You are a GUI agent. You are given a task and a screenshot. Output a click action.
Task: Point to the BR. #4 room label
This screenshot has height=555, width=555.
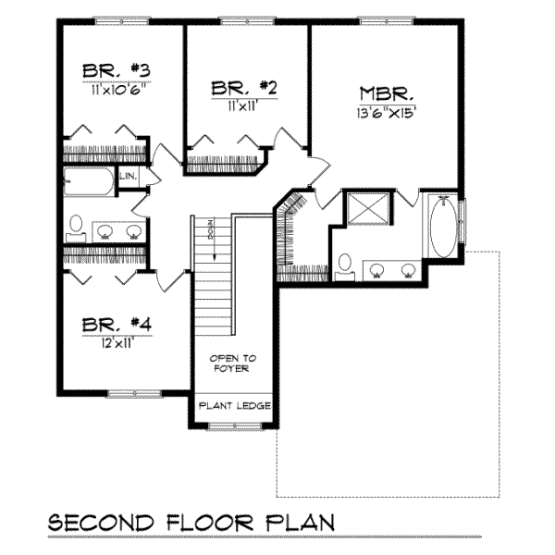pyautogui.click(x=116, y=325)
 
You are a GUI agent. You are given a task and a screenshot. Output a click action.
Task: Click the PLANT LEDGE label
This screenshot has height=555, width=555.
pyautogui.click(x=233, y=404)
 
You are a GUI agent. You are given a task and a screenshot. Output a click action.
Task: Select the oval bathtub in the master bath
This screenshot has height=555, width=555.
pyautogui.click(x=443, y=228)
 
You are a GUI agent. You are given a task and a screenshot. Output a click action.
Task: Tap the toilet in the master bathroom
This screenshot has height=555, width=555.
pyautogui.click(x=344, y=265)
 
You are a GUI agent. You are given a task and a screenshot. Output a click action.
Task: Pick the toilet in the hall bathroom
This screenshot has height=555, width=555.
pyautogui.click(x=77, y=227)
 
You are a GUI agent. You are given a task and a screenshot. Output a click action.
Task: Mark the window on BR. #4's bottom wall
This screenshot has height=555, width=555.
pyautogui.click(x=134, y=393)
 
